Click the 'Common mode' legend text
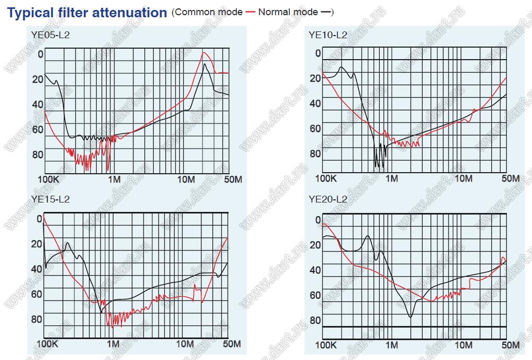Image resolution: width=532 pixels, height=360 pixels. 209,12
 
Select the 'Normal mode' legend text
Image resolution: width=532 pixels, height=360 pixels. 288,12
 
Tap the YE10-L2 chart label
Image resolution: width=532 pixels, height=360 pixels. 328,35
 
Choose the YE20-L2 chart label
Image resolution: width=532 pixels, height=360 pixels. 328,199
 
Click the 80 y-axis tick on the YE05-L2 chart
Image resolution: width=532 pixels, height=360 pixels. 38,154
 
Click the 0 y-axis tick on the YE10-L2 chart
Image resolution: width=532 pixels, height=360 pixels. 318,53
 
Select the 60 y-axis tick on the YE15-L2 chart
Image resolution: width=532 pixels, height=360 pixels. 37,294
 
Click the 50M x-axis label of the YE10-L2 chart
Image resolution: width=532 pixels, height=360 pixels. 510,178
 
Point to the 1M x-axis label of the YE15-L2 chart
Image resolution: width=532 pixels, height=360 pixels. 113,344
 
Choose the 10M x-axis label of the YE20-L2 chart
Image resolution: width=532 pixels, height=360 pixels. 463,345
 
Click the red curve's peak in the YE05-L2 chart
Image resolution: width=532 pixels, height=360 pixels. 205,53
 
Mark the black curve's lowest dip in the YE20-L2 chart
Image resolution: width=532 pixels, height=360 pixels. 410,317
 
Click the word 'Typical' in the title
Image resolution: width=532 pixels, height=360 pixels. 30,13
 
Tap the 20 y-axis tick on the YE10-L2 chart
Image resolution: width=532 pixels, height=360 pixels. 315,78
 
